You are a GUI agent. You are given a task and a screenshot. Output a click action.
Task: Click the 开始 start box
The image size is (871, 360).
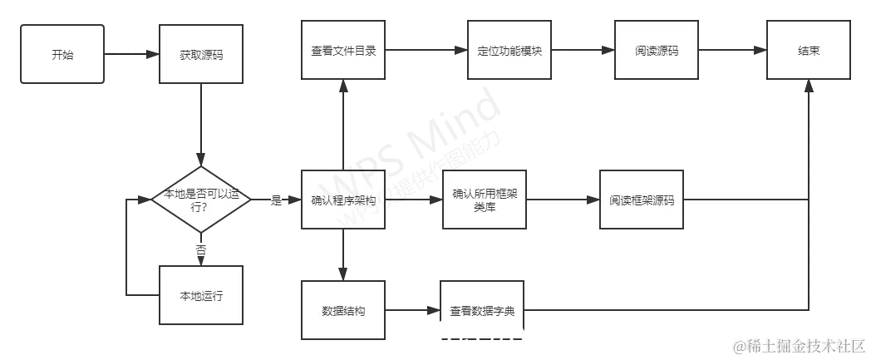tap(62, 54)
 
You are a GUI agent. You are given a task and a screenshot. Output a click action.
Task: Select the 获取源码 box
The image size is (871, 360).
tap(202, 54)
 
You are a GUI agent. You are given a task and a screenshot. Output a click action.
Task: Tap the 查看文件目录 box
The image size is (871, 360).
tap(342, 50)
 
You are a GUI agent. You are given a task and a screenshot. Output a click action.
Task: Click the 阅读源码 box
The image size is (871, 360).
tap(656, 50)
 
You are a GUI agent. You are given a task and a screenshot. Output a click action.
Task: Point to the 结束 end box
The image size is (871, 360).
tap(808, 50)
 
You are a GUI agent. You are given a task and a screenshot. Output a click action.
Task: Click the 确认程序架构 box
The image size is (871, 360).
tap(342, 200)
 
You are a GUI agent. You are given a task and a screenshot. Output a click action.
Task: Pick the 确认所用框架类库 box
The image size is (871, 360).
tap(485, 200)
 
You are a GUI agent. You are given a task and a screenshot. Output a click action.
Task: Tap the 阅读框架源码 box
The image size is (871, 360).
tap(641, 200)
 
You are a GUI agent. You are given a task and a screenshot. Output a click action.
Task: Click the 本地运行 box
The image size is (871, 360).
tap(202, 296)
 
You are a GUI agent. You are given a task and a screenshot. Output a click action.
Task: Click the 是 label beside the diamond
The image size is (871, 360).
tap(275, 200)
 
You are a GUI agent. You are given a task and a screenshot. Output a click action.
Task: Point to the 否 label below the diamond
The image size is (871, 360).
tap(201, 249)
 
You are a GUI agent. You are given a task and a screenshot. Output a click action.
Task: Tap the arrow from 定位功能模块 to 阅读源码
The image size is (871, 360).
tap(583, 51)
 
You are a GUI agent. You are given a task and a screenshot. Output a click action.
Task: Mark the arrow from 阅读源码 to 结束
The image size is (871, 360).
tap(731, 51)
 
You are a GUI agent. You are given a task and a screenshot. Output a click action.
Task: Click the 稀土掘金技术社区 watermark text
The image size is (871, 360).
tap(797, 345)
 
